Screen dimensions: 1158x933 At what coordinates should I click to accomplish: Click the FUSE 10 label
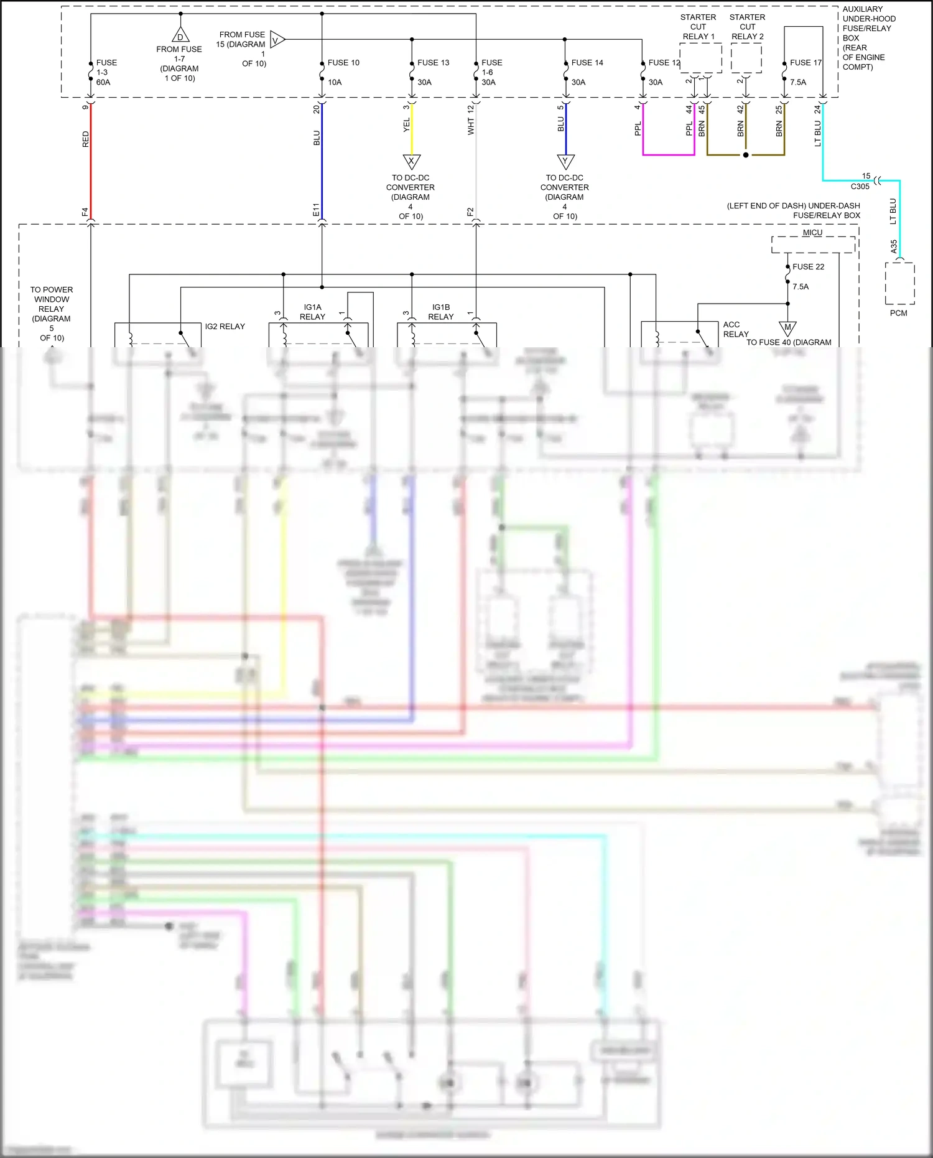pos(343,63)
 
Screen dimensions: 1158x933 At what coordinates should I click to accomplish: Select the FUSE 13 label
pos(433,63)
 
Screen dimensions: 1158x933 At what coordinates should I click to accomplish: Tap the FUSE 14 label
pos(587,63)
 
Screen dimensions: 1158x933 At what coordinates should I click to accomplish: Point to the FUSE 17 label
pos(805,63)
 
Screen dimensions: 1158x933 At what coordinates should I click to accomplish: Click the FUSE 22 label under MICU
pos(808,267)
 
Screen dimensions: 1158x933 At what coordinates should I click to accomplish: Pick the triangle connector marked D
pos(180,35)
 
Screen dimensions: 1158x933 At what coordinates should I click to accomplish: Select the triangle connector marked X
pos(412,161)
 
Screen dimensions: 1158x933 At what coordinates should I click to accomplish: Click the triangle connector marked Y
pos(565,161)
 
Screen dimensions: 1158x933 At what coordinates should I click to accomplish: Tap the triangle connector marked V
pos(277,40)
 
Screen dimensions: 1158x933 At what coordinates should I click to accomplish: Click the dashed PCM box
pos(899,283)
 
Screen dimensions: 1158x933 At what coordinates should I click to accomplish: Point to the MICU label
pos(812,233)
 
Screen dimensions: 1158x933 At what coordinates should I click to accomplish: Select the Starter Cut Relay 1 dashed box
pos(701,58)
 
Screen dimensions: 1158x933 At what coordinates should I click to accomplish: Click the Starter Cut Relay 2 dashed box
pos(746,58)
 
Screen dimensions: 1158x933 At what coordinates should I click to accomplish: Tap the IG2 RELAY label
pos(225,327)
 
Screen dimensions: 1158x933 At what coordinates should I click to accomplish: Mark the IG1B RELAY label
pos(441,312)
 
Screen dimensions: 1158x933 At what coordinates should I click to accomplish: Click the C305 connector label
pos(860,187)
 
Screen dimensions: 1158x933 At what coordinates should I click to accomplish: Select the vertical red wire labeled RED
pos(91,162)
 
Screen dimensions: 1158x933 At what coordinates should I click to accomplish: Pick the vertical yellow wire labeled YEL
pos(412,129)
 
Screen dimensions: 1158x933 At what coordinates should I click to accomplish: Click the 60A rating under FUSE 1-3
pos(103,82)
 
